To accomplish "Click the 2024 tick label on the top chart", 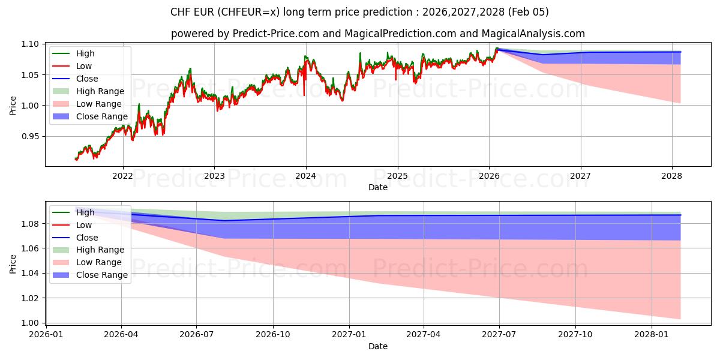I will pos(305,176).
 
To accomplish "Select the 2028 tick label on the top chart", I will pos(671,176).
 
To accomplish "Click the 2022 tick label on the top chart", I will pos(122,176).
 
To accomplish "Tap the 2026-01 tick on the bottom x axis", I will pos(46,334).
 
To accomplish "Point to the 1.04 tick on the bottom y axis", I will pos(31,273).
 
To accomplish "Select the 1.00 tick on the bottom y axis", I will pos(31,323).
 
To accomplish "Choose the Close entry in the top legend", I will pos(87,79).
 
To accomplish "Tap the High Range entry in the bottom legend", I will pos(100,250).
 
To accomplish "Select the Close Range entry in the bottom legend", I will pos(101,275).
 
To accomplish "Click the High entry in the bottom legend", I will pos(85,212).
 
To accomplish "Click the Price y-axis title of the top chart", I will pos(13,105).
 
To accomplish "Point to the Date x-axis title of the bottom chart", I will pos(378,346).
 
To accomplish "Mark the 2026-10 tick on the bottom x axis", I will pos(273,334).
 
